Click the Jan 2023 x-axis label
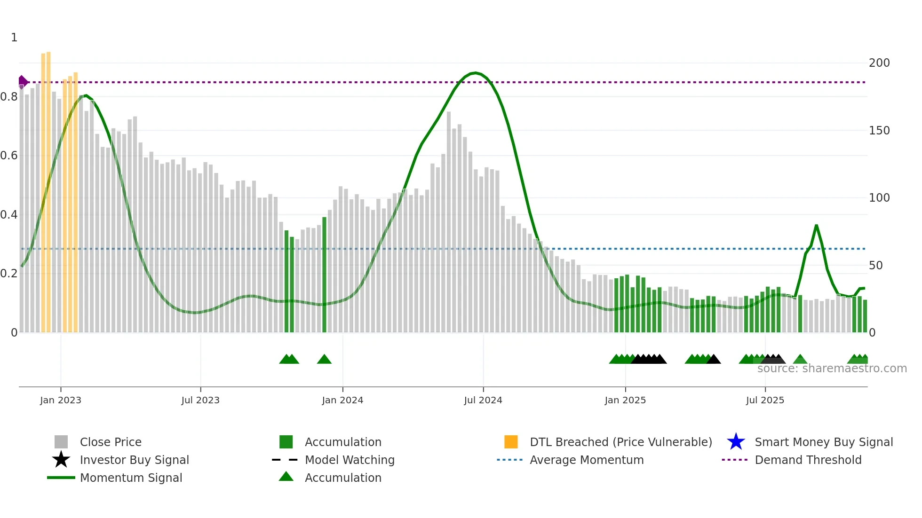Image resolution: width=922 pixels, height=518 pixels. (x=61, y=400)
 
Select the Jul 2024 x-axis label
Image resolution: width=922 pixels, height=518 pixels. (x=483, y=400)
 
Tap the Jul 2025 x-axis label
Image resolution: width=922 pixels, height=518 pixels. (x=765, y=400)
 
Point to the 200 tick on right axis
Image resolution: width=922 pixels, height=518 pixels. (x=879, y=63)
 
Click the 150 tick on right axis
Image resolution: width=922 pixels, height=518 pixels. (x=879, y=131)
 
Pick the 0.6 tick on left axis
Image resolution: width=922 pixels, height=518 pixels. (x=9, y=156)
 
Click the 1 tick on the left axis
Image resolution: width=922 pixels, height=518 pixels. (x=14, y=38)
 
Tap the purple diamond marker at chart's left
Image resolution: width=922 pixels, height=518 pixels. (x=22, y=82)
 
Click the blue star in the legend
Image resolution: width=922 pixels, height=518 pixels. (x=736, y=442)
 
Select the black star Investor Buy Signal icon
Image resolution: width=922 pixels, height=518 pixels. (x=61, y=460)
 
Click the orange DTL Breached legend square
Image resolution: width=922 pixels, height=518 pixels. (x=511, y=442)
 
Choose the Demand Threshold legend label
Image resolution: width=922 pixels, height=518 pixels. (x=808, y=460)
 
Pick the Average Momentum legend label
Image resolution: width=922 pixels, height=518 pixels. (x=586, y=460)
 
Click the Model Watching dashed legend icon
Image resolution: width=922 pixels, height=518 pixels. (x=285, y=460)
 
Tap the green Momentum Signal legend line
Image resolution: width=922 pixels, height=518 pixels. (x=61, y=478)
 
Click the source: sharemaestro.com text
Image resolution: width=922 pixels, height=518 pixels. (x=832, y=369)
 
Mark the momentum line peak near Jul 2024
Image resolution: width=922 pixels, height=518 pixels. (x=476, y=73)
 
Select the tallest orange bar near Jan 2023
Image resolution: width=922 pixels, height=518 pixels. (x=48, y=188)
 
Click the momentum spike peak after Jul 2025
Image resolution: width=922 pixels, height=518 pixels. (x=816, y=226)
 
